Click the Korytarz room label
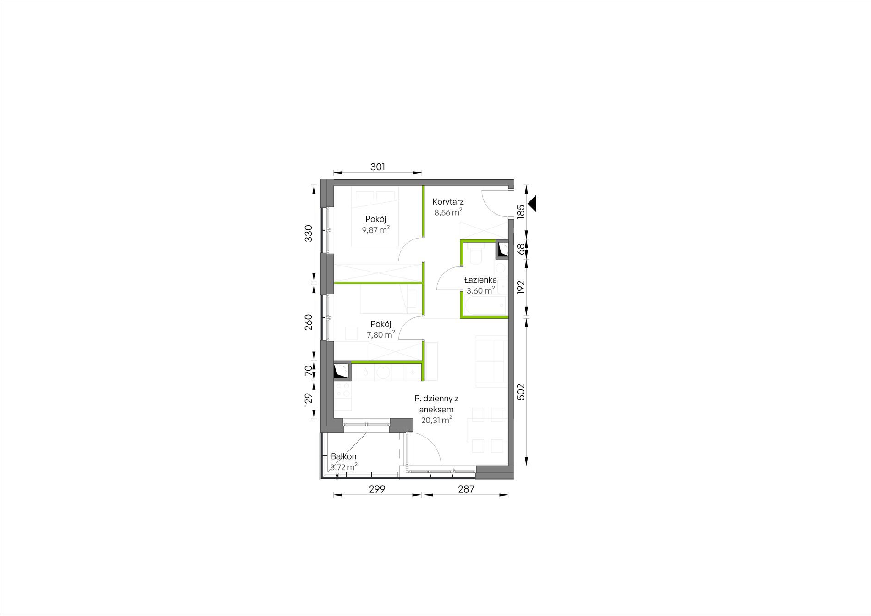448,202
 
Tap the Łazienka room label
480,280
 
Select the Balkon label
343,457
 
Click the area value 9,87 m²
376,230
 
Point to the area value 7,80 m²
380,334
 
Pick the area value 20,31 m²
436,420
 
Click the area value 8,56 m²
448,212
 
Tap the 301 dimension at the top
378,167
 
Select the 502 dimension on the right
521,392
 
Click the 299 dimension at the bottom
377,489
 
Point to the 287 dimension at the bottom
466,489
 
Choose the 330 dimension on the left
309,233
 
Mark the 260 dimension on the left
309,322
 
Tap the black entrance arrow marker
533,204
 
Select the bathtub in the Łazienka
485,305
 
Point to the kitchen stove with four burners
343,390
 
